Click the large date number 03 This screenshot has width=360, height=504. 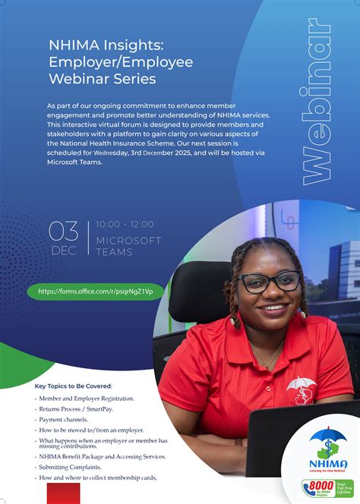tap(63, 230)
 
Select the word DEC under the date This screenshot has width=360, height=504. tap(63, 249)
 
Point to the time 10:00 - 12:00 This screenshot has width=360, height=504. tap(125, 224)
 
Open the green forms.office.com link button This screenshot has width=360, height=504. tap(96, 291)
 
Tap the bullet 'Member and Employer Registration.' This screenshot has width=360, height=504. tap(87, 398)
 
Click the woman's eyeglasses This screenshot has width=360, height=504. tap(270, 282)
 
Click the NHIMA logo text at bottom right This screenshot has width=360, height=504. tap(328, 464)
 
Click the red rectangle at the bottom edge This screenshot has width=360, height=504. tap(63, 494)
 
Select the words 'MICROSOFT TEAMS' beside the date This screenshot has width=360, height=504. tap(128, 246)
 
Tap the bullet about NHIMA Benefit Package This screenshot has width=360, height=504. tap(103, 456)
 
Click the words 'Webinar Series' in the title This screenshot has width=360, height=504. tap(103, 78)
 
